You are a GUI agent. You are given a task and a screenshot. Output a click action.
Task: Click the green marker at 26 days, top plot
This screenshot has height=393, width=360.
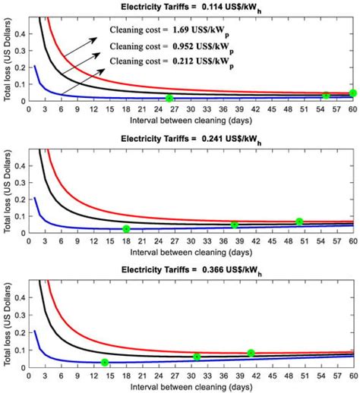tap(169, 98)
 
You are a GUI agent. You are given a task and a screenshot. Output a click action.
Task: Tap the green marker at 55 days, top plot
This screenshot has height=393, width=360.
tap(326, 95)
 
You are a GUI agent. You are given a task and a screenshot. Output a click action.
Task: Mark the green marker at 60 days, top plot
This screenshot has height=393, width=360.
tap(352, 93)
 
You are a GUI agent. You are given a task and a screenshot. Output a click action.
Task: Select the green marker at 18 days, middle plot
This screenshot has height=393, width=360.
tap(126, 229)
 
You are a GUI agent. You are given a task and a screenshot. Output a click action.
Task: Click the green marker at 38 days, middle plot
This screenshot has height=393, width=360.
tap(235, 225)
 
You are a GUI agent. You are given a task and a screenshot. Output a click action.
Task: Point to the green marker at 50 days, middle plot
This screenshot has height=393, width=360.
tap(299, 222)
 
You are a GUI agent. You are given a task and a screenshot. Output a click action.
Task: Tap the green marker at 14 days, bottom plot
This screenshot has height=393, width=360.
tap(105, 362)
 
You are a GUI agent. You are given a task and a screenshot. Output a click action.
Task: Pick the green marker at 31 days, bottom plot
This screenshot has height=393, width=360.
tap(197, 357)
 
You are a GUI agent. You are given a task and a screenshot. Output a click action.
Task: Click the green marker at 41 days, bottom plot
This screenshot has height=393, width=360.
tap(251, 353)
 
